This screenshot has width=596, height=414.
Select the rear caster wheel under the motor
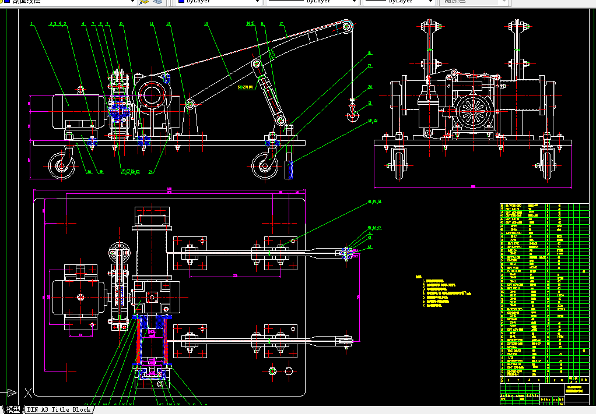pyautogui.click(x=60, y=165)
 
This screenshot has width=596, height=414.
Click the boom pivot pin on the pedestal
pyautogui.click(x=190, y=104)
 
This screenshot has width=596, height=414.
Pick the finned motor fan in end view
pyautogui.click(x=474, y=109)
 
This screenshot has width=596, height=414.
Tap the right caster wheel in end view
pyautogui.click(x=547, y=162)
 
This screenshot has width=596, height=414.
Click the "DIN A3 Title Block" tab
pyautogui.click(x=59, y=409)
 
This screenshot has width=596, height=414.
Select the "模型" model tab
pyautogui.click(x=13, y=409)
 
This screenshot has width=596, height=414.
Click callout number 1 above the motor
pyautogui.click(x=31, y=24)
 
